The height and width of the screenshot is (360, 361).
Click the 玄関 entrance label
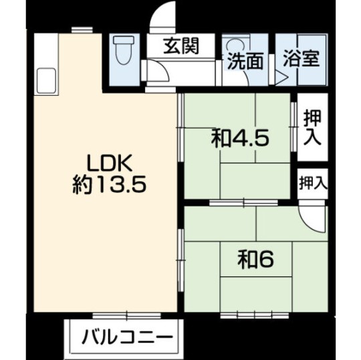click(x=182, y=48)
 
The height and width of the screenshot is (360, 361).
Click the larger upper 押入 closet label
click(x=312, y=128)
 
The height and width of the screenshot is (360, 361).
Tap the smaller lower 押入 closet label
click(x=312, y=181)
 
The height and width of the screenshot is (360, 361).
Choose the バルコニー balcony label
click(x=127, y=336)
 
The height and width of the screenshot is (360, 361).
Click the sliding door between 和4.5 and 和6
click(x=244, y=202)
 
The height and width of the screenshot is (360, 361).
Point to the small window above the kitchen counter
click(x=81, y=29)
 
